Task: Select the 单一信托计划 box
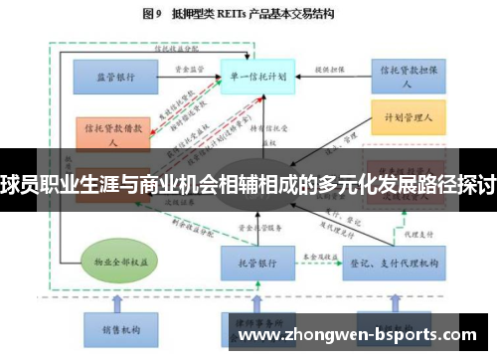point(254,75)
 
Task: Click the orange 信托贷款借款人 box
point(112,133)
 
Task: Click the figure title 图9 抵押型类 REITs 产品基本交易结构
point(248,15)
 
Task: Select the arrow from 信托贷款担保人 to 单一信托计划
point(329,75)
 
